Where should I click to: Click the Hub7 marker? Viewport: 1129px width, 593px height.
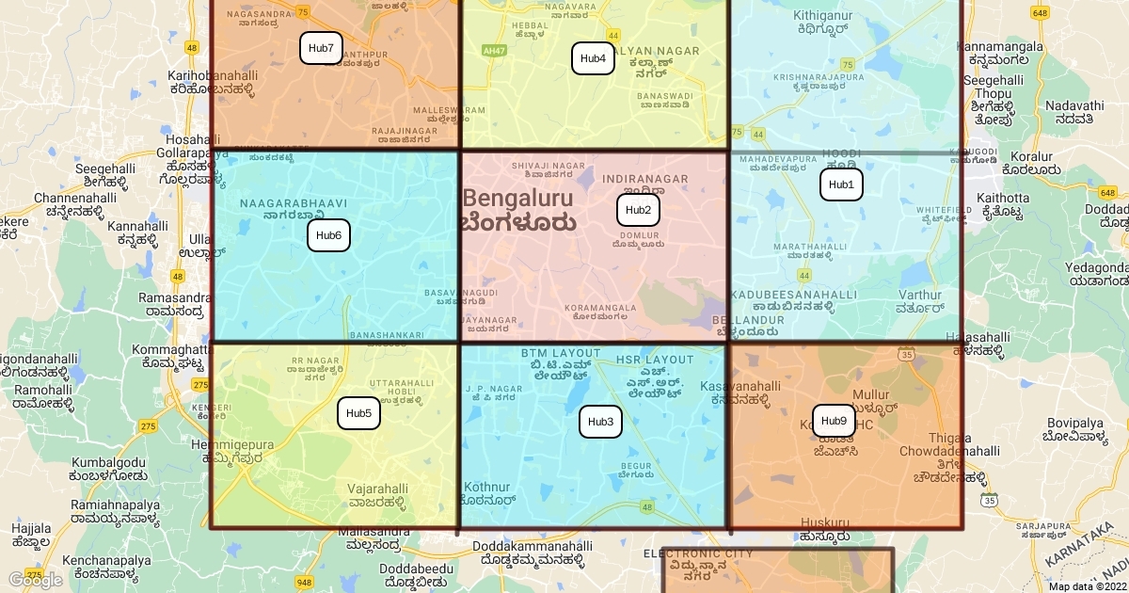coord(321,48)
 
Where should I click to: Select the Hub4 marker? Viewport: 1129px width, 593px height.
coord(593,58)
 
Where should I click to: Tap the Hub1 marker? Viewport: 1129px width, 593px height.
coord(841,184)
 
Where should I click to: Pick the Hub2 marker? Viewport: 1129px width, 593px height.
coord(638,210)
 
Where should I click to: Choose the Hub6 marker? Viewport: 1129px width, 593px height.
coord(328,235)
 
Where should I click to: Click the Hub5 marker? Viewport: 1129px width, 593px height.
coord(358,413)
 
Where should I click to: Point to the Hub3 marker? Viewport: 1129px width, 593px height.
coord(600,422)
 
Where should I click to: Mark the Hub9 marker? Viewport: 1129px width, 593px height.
coord(834,421)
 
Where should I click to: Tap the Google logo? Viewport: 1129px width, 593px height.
coord(35,580)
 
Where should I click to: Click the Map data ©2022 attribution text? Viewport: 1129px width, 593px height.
coord(1087,586)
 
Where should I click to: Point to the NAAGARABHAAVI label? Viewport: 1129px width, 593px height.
coord(293,203)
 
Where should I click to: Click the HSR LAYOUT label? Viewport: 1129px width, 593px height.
coord(655,360)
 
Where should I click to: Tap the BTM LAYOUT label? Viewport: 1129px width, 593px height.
coord(561,353)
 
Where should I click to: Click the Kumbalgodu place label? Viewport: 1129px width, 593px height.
coord(108,462)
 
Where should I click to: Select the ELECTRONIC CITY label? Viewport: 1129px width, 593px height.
coord(698,553)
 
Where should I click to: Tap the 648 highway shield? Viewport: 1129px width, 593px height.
coord(1040,12)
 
